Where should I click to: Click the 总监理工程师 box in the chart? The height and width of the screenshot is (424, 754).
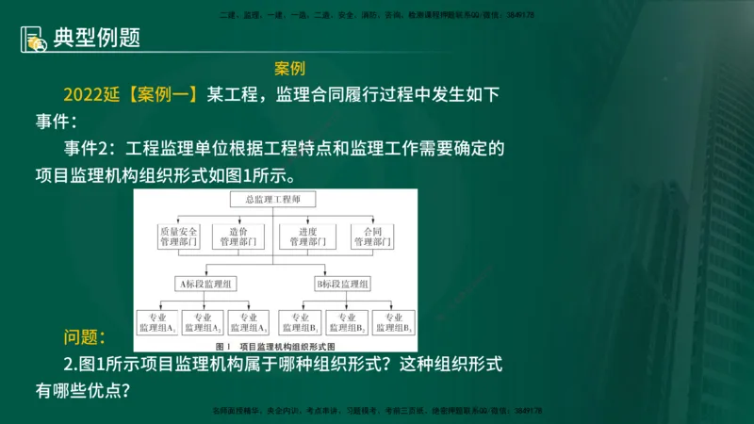[272, 199]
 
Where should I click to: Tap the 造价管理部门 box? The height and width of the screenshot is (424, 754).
[240, 236]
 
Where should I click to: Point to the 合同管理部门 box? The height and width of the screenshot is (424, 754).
[370, 236]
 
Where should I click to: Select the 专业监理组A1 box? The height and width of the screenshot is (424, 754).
[158, 323]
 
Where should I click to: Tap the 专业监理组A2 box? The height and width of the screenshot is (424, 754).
[204, 323]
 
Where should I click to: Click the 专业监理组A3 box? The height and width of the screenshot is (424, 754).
[250, 323]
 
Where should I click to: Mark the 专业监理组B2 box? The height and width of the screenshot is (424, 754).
[346, 323]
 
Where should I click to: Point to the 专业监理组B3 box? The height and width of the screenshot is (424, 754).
[394, 323]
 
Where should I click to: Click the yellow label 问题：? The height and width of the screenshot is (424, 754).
[85, 336]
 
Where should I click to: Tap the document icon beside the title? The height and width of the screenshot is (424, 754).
[34, 39]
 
